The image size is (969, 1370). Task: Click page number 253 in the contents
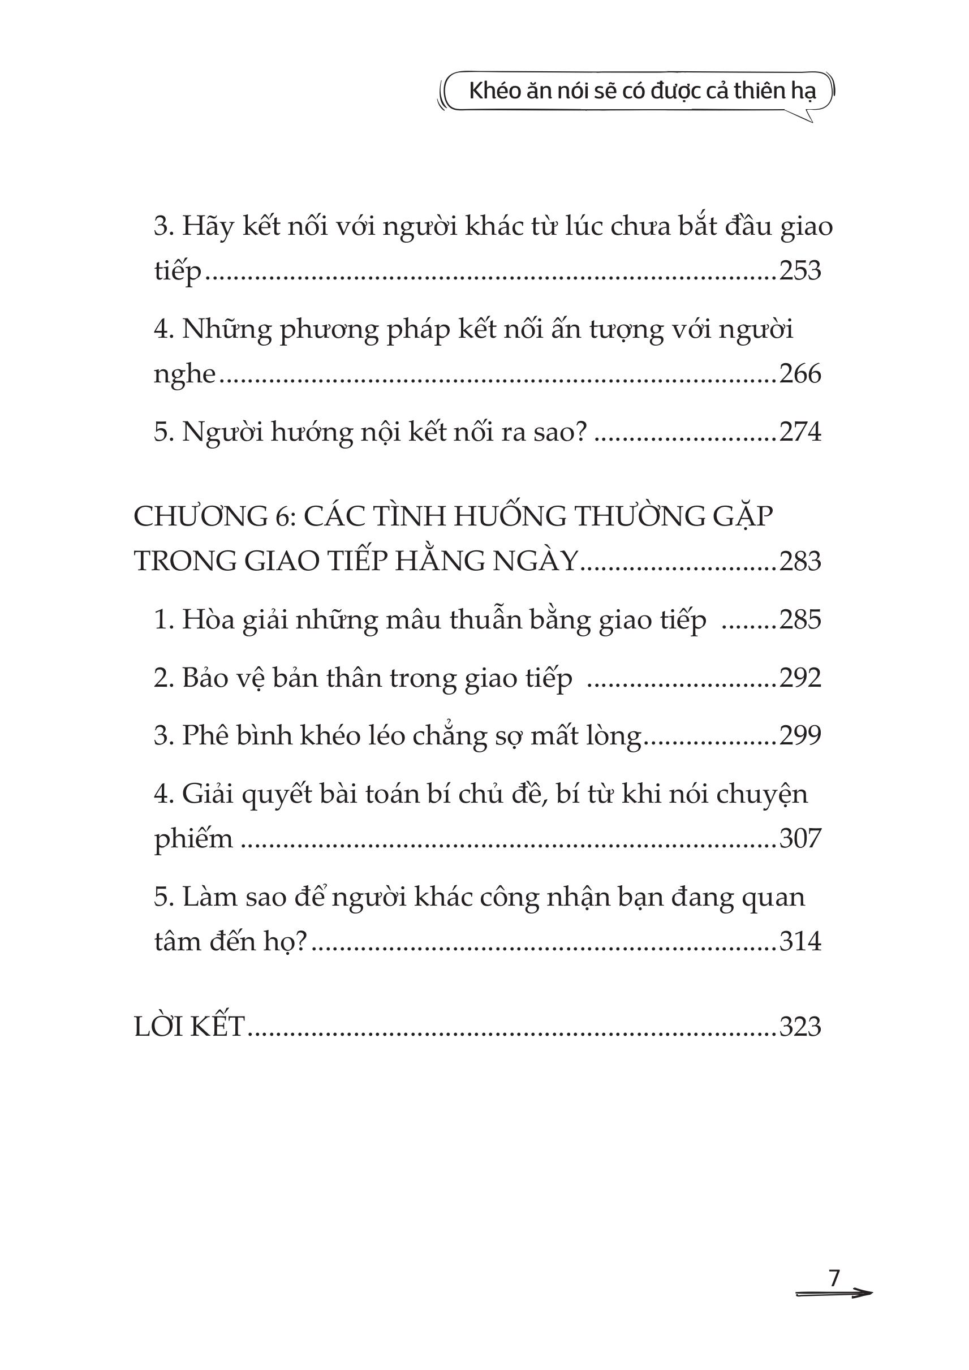tap(800, 271)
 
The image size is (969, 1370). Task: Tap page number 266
tap(800, 374)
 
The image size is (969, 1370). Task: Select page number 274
tap(800, 432)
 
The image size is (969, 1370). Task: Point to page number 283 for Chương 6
tap(800, 562)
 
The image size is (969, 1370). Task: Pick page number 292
tap(800, 678)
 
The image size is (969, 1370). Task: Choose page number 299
tap(800, 735)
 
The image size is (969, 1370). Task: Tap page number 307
tap(800, 838)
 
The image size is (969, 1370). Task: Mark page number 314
tap(800, 942)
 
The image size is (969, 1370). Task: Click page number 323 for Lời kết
tap(800, 1027)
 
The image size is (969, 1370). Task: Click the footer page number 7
tap(834, 1277)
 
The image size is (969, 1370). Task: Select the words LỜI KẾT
tap(189, 1027)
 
